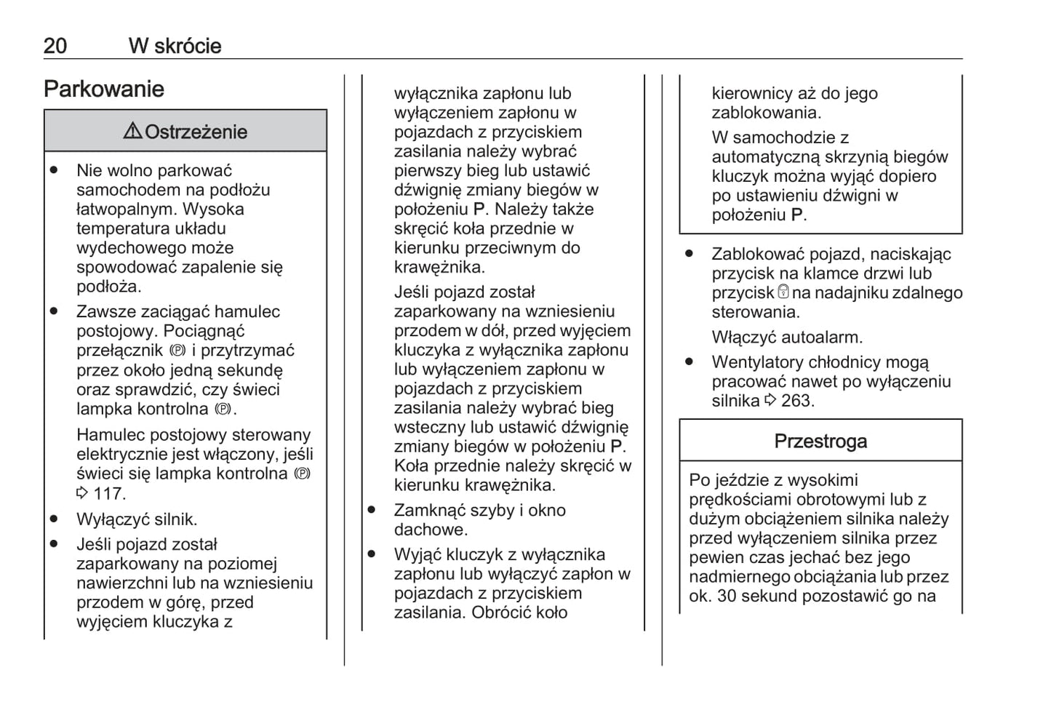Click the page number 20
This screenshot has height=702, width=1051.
55,46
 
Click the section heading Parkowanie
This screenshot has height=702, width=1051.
104,89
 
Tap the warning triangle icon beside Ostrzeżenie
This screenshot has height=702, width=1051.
132,131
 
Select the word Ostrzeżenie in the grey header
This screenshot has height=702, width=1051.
196,132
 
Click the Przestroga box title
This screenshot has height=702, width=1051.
820,442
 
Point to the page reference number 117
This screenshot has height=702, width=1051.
108,494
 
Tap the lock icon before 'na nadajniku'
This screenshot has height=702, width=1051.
783,292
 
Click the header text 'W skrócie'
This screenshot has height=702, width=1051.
175,46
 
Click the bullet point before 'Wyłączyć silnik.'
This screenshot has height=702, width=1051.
54,519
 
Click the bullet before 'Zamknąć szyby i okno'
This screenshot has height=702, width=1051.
372,510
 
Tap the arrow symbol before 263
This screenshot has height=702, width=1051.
770,401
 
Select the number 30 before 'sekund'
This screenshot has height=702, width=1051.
727,597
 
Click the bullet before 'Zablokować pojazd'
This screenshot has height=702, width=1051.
689,254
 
